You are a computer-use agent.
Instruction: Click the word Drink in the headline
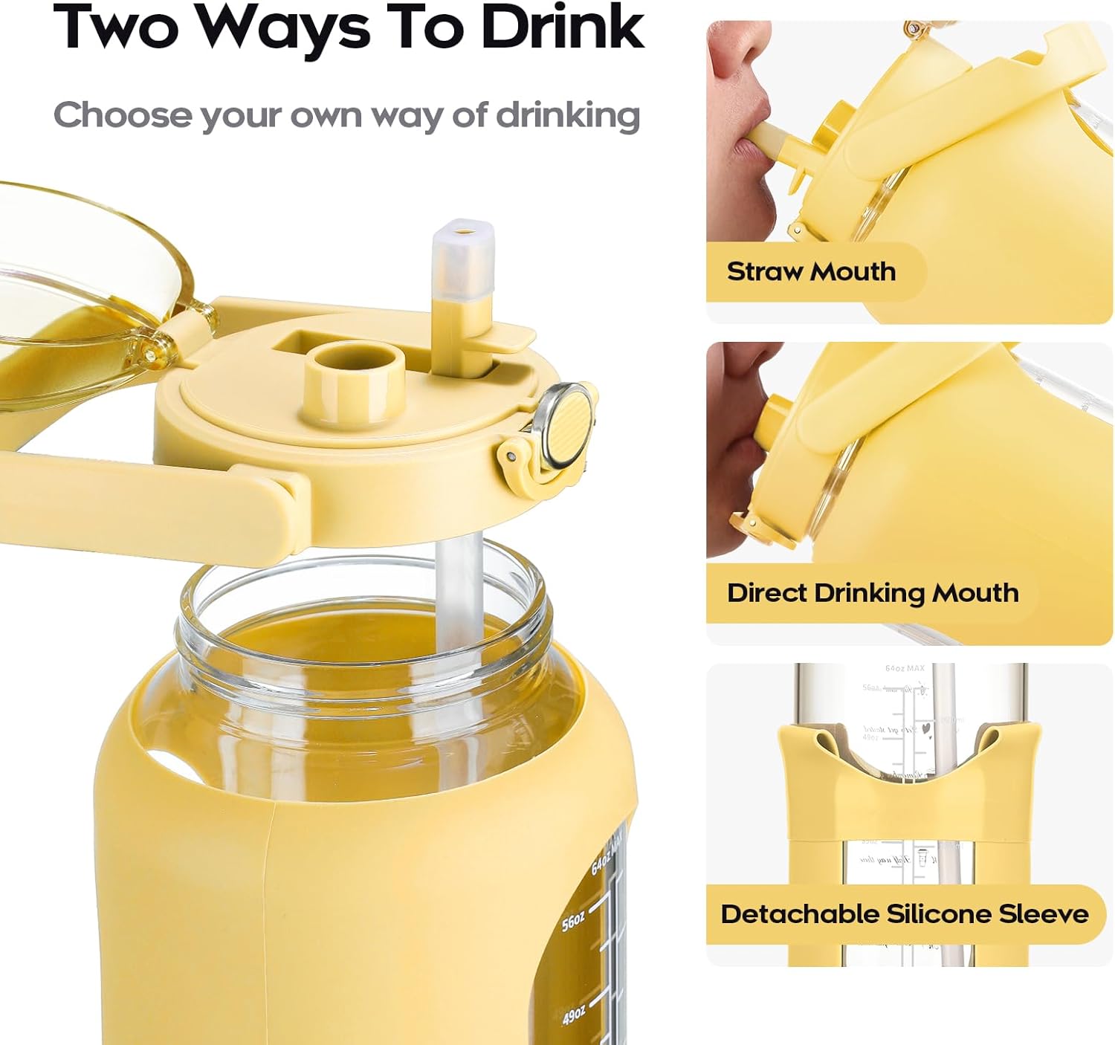563,27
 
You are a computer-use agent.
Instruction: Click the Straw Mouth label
811,271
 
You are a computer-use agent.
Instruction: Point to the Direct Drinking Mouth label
872,593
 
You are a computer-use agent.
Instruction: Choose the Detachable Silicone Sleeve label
904,913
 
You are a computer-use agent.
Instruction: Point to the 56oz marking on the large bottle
573,922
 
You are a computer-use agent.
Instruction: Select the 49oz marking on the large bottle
574,1015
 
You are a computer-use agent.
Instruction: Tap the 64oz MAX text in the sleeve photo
905,668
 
